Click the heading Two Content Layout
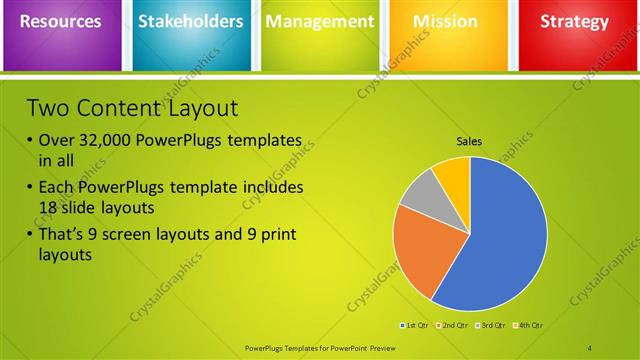[x=131, y=108]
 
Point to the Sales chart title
[x=469, y=141]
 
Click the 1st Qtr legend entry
[x=416, y=325]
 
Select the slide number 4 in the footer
[x=590, y=347]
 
